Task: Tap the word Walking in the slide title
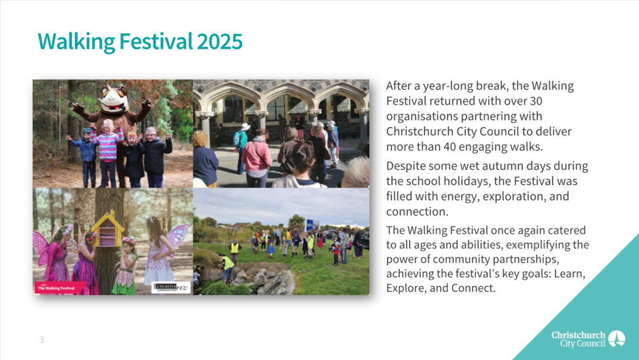click(76, 42)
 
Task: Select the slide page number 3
click(41, 340)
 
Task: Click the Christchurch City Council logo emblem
click(617, 338)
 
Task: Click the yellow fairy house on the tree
click(108, 229)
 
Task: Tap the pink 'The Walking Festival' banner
click(60, 287)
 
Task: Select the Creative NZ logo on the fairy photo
click(171, 287)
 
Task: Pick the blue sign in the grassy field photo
click(312, 225)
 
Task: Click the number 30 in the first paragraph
click(536, 101)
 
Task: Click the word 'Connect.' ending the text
click(473, 288)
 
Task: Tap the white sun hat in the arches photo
click(245, 126)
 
